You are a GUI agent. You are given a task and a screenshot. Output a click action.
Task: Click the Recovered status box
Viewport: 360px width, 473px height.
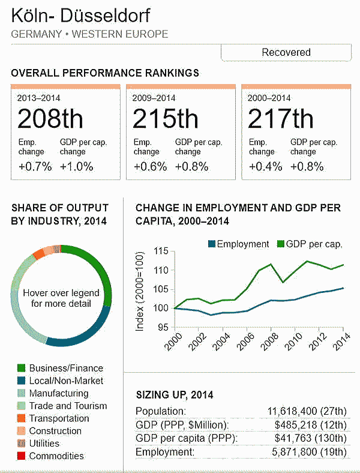tap(286, 52)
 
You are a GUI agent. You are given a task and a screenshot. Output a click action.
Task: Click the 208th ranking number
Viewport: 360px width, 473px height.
tap(50, 119)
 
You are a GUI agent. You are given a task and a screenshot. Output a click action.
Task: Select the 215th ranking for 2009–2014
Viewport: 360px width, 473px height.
tap(165, 119)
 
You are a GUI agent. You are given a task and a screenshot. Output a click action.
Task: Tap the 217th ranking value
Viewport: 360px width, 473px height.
tap(280, 119)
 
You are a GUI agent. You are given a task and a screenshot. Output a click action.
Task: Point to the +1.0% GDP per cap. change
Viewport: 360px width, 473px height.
tap(77, 166)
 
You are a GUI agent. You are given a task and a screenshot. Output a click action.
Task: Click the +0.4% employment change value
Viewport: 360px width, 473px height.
tap(266, 166)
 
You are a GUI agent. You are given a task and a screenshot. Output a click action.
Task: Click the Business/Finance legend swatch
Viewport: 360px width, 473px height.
tap(21, 368)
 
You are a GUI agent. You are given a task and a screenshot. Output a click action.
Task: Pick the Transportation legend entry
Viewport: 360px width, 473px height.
tap(59, 418)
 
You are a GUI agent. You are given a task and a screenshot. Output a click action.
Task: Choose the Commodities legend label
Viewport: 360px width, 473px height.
tap(56, 456)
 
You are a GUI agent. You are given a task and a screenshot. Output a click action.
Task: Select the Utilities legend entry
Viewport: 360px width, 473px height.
tap(44, 444)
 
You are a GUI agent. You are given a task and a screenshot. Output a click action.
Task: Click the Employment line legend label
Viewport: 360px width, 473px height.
tap(242, 244)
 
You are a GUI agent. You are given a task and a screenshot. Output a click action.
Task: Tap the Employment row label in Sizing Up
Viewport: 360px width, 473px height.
tap(165, 452)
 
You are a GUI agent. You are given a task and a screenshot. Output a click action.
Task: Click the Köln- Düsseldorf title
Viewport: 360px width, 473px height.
tap(81, 16)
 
